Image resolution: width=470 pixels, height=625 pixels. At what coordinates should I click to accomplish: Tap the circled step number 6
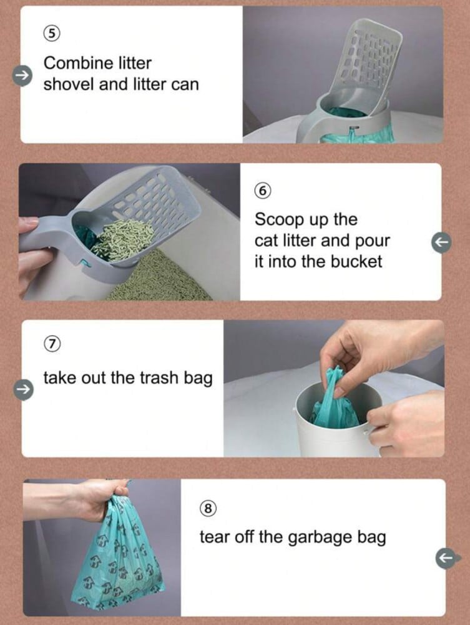[262, 191]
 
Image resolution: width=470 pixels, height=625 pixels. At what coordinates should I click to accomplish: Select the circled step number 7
[52, 344]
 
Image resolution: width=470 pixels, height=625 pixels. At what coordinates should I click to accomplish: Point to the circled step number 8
[208, 508]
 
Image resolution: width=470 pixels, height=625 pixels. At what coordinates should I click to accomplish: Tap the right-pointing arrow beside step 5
[22, 74]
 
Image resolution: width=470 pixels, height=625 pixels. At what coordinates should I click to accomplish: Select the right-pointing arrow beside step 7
[22, 388]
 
